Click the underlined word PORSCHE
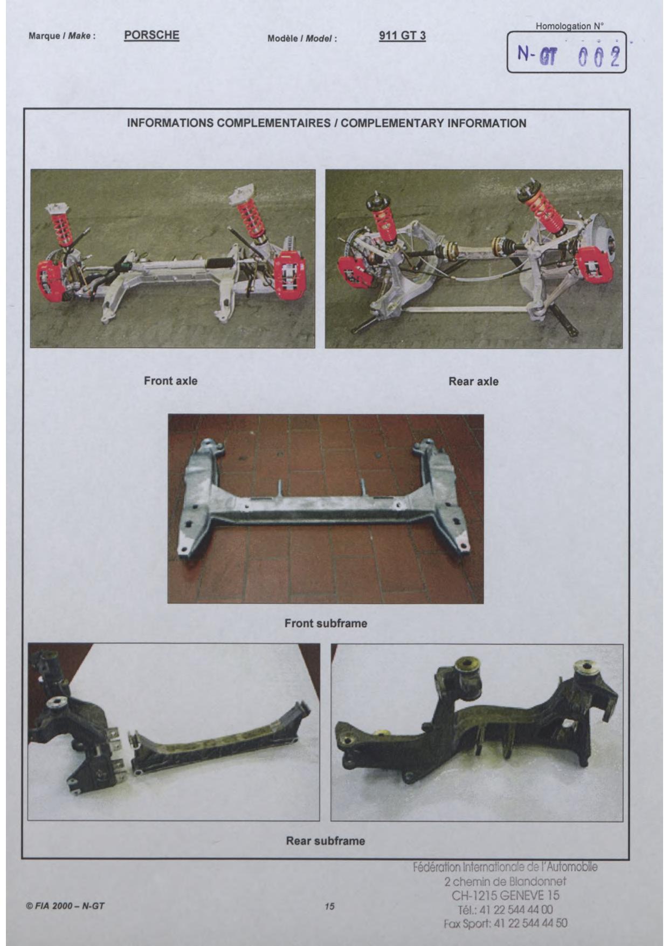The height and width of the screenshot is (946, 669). click(151, 35)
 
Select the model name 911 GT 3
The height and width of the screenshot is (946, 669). click(402, 36)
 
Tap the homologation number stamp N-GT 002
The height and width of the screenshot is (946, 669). click(568, 55)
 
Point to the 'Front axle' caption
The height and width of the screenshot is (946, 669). click(170, 381)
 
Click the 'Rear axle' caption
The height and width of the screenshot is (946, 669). click(473, 381)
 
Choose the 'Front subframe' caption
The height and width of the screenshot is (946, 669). click(326, 623)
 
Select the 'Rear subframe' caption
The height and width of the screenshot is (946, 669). click(325, 841)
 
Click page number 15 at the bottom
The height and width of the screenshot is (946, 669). click(329, 906)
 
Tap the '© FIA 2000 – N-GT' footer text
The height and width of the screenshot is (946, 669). click(65, 906)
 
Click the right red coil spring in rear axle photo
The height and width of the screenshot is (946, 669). click(546, 210)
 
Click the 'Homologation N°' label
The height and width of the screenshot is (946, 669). click(570, 26)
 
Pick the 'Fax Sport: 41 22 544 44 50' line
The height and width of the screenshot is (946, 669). click(505, 923)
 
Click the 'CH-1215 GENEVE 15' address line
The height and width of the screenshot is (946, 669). click(506, 895)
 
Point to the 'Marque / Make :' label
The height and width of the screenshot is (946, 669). click(62, 36)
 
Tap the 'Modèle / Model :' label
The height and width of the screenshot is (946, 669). click(302, 39)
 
